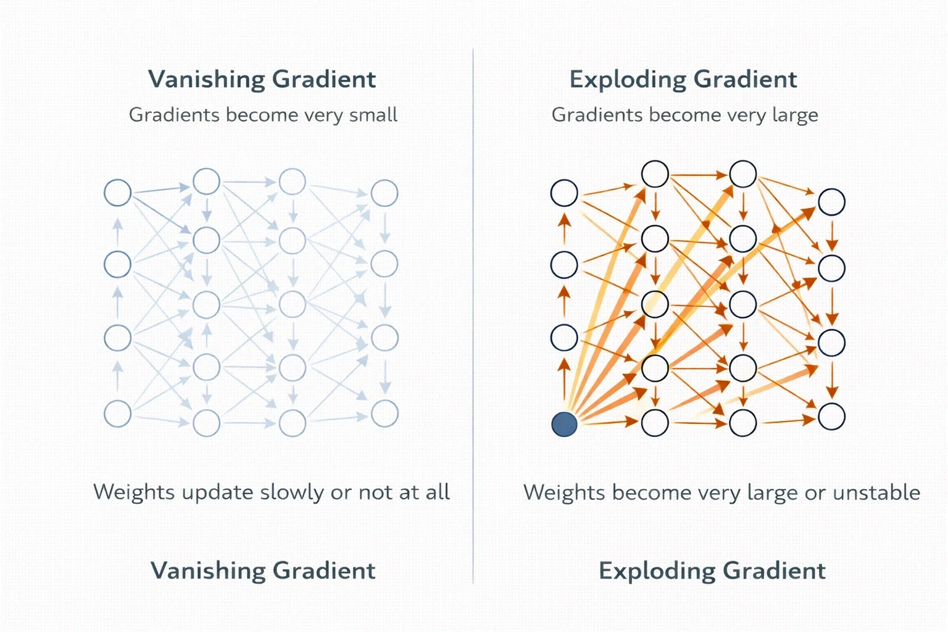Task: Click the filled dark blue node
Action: pyautogui.click(x=564, y=424)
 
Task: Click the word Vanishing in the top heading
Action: pyautogui.click(x=206, y=79)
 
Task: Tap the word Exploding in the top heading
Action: pyautogui.click(x=628, y=79)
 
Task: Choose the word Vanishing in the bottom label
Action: pyautogui.click(x=208, y=570)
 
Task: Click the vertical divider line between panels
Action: pyautogui.click(x=473, y=316)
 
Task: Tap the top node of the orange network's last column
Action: pyautogui.click(x=831, y=202)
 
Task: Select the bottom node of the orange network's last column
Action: pyautogui.click(x=831, y=417)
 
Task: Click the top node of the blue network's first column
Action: pyautogui.click(x=118, y=193)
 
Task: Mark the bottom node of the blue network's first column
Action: pyautogui.click(x=118, y=414)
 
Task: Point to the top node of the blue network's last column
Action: pyautogui.click(x=385, y=193)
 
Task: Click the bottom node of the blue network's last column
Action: pyautogui.click(x=385, y=413)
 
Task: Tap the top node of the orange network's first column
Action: pyautogui.click(x=564, y=193)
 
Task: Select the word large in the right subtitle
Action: pyautogui.click(x=795, y=115)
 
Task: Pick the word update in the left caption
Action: pyautogui.click(x=217, y=493)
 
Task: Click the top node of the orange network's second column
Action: pyautogui.click(x=655, y=174)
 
